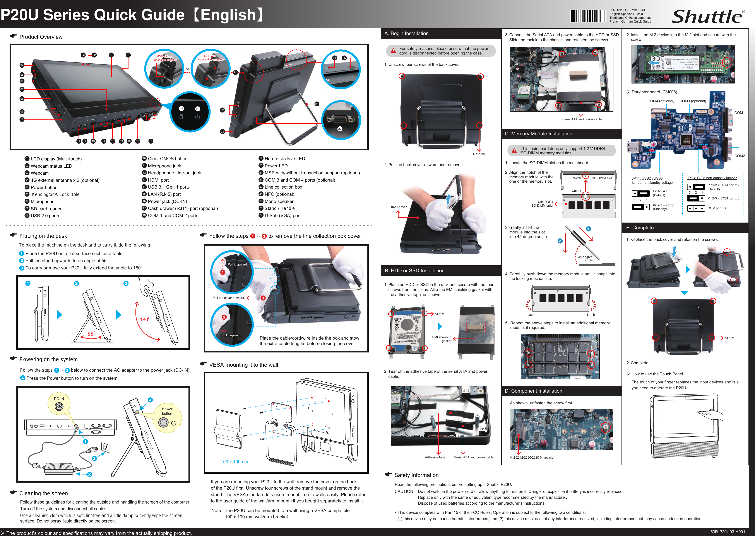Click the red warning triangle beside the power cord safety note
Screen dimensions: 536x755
click(x=393, y=51)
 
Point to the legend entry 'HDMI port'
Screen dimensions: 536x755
click(x=158, y=180)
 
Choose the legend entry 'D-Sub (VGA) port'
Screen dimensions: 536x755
click(x=282, y=216)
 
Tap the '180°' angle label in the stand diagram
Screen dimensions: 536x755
click(x=145, y=320)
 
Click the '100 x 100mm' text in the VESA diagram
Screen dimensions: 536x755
click(x=234, y=462)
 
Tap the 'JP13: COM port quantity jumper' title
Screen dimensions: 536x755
click(x=712, y=178)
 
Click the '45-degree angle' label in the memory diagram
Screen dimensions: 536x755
click(x=585, y=259)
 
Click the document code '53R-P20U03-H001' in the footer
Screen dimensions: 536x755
click(x=728, y=532)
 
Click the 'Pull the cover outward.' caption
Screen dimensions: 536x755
click(x=229, y=298)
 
